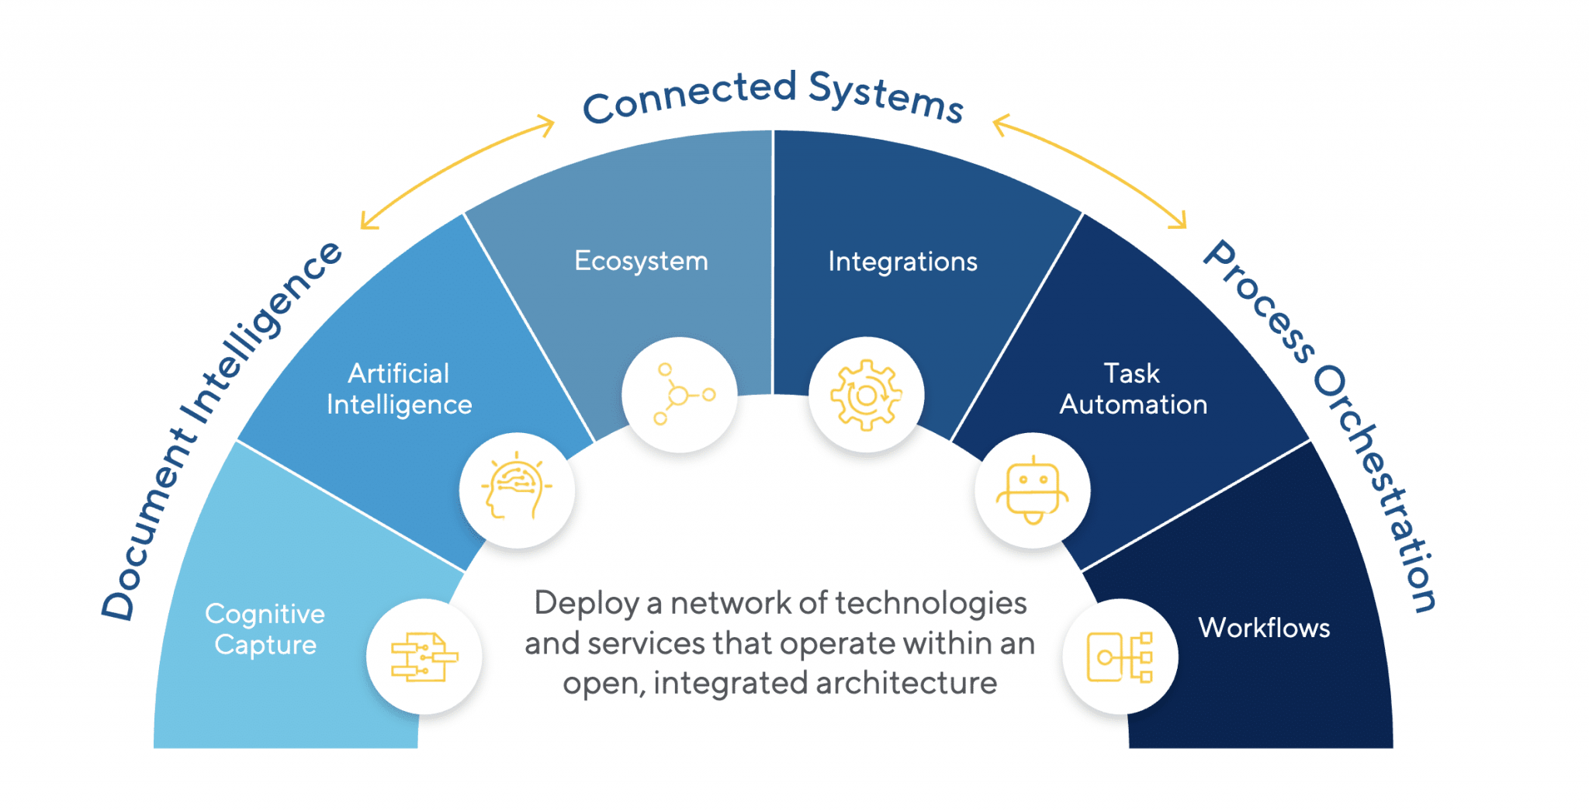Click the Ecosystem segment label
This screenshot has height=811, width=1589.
point(641,262)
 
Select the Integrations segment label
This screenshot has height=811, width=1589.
point(902,262)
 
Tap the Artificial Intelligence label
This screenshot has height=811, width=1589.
point(399,389)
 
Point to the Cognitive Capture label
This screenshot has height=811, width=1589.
point(265,629)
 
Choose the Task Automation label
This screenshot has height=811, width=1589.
point(1133,389)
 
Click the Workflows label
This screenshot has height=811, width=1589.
point(1264,628)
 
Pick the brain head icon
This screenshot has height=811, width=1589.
point(517,490)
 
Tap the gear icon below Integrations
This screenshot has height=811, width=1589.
point(866,395)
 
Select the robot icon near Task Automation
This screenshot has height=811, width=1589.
point(1033,490)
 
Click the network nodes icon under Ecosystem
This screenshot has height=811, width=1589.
point(680,395)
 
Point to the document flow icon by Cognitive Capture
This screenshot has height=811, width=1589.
point(424,657)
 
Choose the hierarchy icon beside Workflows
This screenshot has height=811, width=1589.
point(1120,657)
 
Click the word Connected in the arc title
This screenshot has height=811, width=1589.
point(689,98)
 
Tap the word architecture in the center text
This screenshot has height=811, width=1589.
point(905,684)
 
